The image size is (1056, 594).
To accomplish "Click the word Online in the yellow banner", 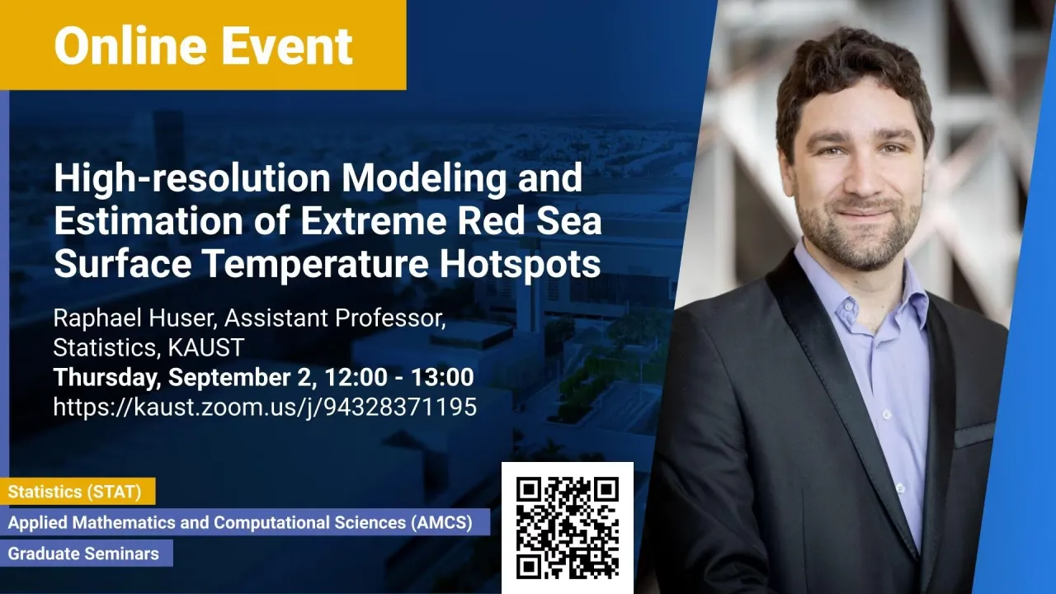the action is [x=130, y=45].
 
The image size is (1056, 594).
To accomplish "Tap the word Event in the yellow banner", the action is [x=287, y=45].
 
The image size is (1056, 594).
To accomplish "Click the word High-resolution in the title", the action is [x=192, y=179].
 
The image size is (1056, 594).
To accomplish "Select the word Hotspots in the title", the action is [x=521, y=263].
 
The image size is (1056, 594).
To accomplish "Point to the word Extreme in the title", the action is [x=374, y=221].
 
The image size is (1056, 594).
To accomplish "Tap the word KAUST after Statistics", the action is [x=206, y=347].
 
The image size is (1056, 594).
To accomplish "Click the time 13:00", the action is [x=442, y=377].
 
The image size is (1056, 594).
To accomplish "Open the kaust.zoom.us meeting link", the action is [x=265, y=407].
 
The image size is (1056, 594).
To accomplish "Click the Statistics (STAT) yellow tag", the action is [x=78, y=492].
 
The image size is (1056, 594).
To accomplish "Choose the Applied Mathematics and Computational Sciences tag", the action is [x=245, y=522].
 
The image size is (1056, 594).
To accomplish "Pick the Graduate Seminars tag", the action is [x=87, y=553].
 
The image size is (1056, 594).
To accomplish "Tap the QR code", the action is [x=567, y=527].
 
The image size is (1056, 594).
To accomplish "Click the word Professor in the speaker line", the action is [x=390, y=318].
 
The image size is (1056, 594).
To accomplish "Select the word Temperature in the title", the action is [x=316, y=265].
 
